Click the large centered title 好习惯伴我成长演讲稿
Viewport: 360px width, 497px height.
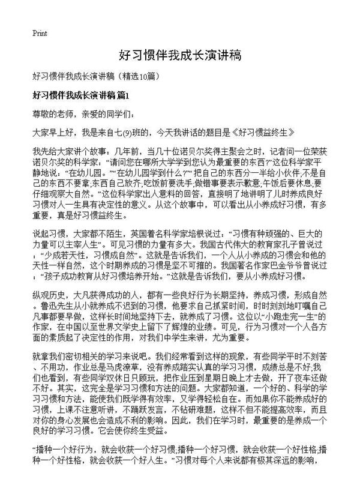180,56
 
